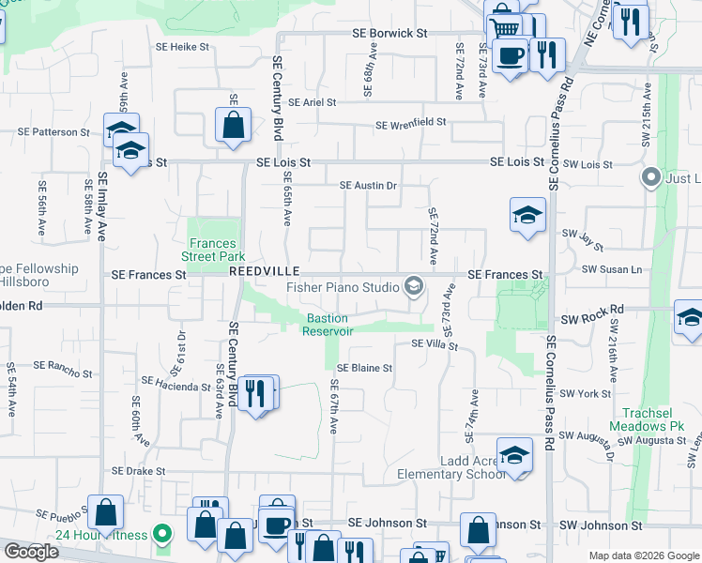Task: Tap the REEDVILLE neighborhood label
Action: [x=257, y=270]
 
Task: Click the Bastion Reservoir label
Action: [x=328, y=325]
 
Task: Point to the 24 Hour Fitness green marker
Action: [x=162, y=536]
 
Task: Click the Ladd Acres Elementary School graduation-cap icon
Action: [x=514, y=455]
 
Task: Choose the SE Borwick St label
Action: [x=389, y=33]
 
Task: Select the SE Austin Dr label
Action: [x=368, y=186]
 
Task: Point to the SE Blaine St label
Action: [x=364, y=368]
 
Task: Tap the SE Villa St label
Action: [x=433, y=345]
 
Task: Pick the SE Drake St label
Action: [x=138, y=471]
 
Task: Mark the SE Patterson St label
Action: [x=53, y=132]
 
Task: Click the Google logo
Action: [x=31, y=552]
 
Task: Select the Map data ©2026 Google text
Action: [x=644, y=555]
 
